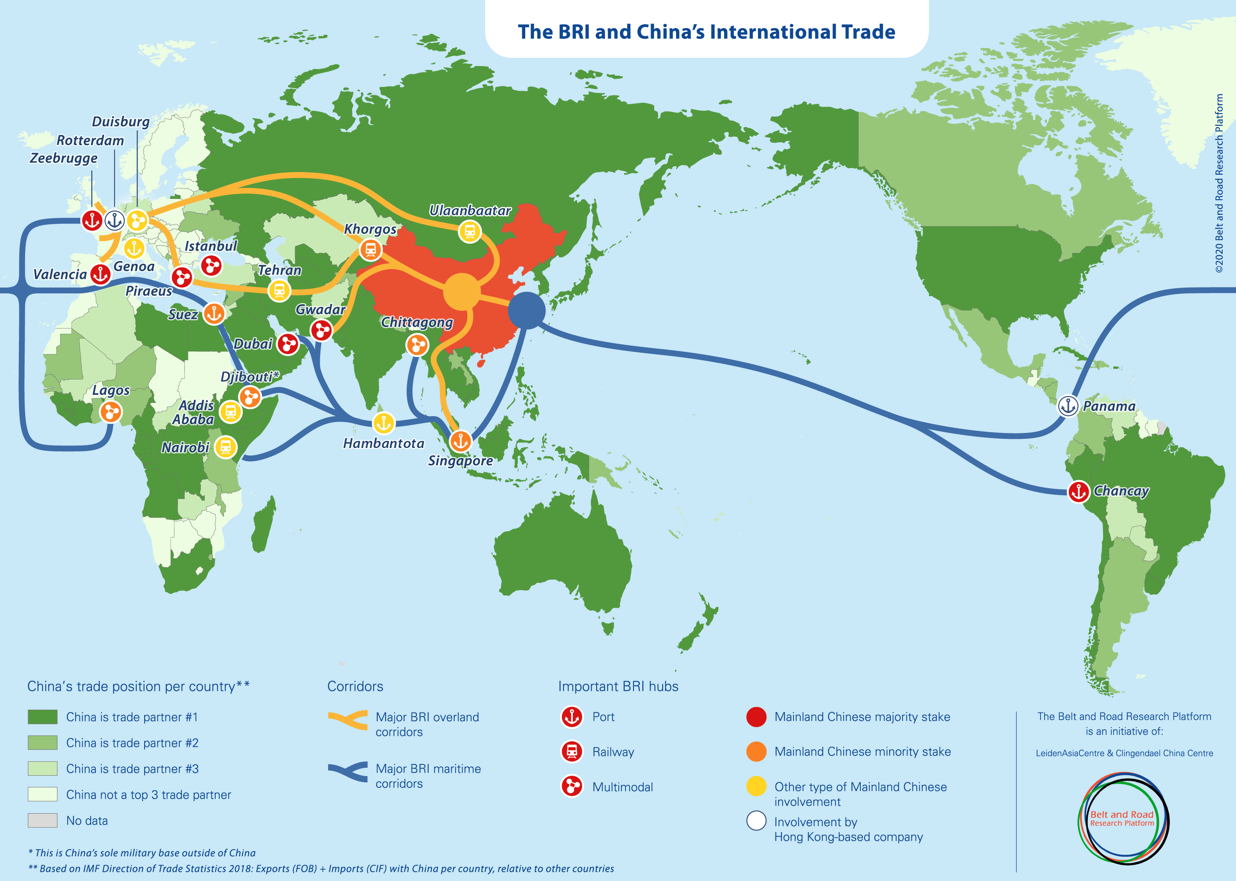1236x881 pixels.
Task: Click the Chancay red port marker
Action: (x=1078, y=491)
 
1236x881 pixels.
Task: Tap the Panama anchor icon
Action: (x=1068, y=406)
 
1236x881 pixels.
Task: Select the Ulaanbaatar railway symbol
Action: (x=470, y=232)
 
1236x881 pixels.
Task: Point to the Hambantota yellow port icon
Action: (x=384, y=423)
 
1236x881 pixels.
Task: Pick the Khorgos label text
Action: (x=370, y=229)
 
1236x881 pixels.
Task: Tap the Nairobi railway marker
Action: (x=226, y=447)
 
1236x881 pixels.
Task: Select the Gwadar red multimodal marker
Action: (x=321, y=330)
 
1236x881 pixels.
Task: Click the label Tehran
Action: (x=279, y=270)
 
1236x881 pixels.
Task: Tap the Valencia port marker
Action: (x=100, y=275)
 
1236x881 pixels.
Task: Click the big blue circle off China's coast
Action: (x=526, y=310)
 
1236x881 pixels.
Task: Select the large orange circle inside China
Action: (x=462, y=292)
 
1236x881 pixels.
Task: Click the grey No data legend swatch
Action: (x=42, y=820)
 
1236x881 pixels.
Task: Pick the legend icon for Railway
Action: (x=572, y=752)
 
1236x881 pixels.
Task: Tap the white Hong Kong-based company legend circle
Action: (x=756, y=820)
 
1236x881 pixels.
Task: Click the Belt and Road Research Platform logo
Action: (x=1122, y=818)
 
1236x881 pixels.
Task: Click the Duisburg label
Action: (x=120, y=122)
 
